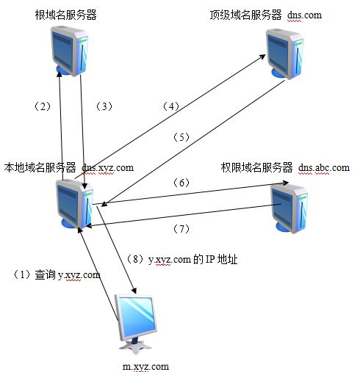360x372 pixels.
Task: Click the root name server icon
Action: tap(70, 51)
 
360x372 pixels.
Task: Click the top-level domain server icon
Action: tap(285, 54)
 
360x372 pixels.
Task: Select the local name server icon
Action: tap(75, 203)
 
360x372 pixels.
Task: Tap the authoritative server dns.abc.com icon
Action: tap(289, 208)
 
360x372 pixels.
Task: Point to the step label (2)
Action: tap(43, 106)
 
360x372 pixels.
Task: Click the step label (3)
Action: tap(104, 106)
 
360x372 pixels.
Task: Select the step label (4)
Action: tap(171, 106)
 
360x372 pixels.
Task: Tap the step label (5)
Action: tap(181, 137)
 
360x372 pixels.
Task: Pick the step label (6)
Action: tap(181, 183)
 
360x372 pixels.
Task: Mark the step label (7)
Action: tap(181, 229)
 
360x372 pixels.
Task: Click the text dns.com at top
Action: tap(304, 15)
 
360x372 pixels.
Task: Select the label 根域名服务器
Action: tap(66, 15)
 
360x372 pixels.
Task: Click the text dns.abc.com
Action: tap(324, 168)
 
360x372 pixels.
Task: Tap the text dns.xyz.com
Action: tap(108, 168)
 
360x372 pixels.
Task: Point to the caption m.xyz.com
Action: tap(145, 367)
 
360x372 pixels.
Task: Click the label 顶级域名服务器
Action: tap(246, 15)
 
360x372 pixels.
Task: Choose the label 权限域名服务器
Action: tap(256, 168)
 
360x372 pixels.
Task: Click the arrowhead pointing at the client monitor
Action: tap(134, 291)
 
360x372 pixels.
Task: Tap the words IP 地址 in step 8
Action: tap(222, 260)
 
